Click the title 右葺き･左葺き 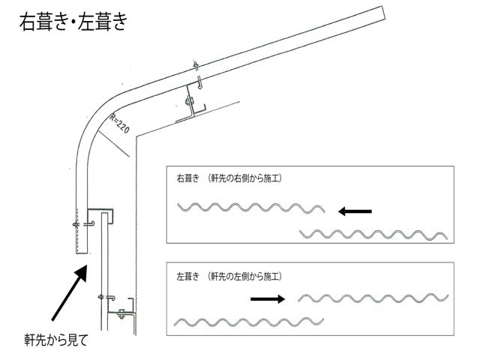tap(73, 22)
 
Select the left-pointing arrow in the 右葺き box tap(354, 211)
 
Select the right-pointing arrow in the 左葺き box tap(268, 298)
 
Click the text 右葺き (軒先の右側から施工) tap(229, 178)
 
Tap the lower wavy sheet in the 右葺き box tap(373, 235)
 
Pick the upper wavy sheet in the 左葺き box tap(373, 298)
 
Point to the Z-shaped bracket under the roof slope tap(191, 105)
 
